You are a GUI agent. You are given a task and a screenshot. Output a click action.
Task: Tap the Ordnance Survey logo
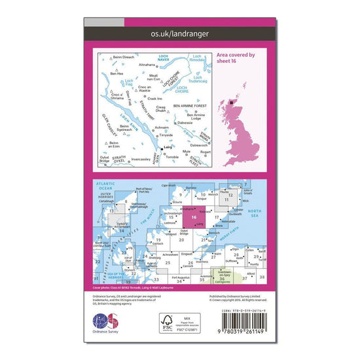coord(108,325)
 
